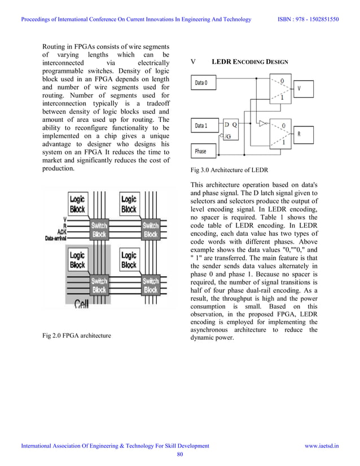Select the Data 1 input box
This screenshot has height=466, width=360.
coord(201,125)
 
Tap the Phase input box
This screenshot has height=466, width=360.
coord(201,151)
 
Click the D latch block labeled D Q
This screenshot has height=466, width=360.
coord(231,130)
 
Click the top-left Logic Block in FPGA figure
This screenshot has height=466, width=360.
coord(77,204)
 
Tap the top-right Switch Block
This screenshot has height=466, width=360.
coord(150,230)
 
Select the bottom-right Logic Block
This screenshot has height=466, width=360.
coord(129,260)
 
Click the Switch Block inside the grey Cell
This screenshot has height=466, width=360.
coord(99,285)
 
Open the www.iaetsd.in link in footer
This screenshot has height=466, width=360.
coord(322,446)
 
